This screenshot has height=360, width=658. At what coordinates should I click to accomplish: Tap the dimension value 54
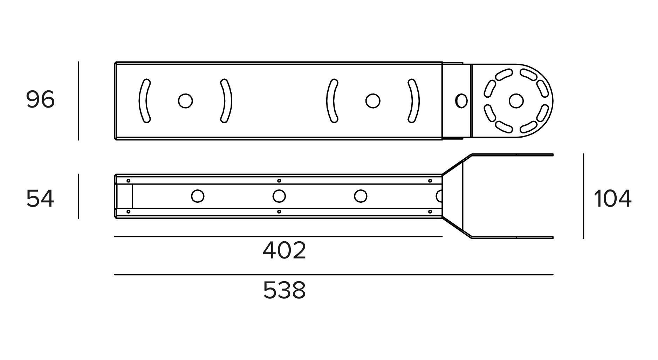tap(40, 199)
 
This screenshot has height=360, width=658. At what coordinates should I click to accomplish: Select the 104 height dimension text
tap(613, 199)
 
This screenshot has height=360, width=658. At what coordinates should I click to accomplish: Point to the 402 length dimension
tap(285, 250)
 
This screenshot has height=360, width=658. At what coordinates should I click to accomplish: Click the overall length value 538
tap(285, 290)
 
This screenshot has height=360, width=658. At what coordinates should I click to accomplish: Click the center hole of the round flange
tap(516, 101)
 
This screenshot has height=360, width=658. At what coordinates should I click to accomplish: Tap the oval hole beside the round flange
tap(461, 101)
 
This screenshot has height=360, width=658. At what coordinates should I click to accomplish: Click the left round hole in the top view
tap(185, 101)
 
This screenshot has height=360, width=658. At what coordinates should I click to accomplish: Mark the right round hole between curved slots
tap(373, 101)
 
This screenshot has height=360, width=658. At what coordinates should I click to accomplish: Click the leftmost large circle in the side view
tap(198, 196)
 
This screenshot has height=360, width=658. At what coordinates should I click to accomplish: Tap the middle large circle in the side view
tap(279, 196)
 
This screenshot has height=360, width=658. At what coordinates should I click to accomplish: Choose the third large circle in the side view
tap(361, 196)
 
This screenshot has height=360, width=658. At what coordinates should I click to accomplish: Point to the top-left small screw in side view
tap(128, 181)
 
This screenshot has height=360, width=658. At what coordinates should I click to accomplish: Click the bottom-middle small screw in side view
tap(279, 212)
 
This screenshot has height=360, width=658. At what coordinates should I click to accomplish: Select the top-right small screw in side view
tap(430, 181)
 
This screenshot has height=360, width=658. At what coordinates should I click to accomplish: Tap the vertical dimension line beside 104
tap(583, 196)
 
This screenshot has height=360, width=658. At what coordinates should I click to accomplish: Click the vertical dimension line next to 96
tap(78, 101)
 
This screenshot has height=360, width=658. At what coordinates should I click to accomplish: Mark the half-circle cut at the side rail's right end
tap(439, 196)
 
